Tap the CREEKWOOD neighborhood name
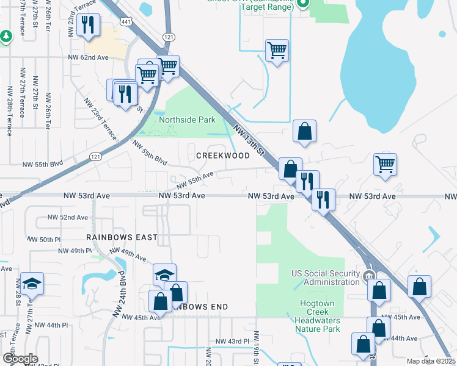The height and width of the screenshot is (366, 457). click(222, 156)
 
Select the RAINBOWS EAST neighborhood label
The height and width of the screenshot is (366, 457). click(122, 237)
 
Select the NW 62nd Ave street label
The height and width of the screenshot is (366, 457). click(87, 57)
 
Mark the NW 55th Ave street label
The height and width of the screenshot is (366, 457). click(195, 181)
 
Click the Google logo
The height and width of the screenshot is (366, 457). click(20, 358)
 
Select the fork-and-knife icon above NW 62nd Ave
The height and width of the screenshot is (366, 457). click(88, 24)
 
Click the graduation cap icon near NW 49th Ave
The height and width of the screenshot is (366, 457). click(164, 274)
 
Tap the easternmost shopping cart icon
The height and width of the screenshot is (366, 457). click(385, 164)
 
